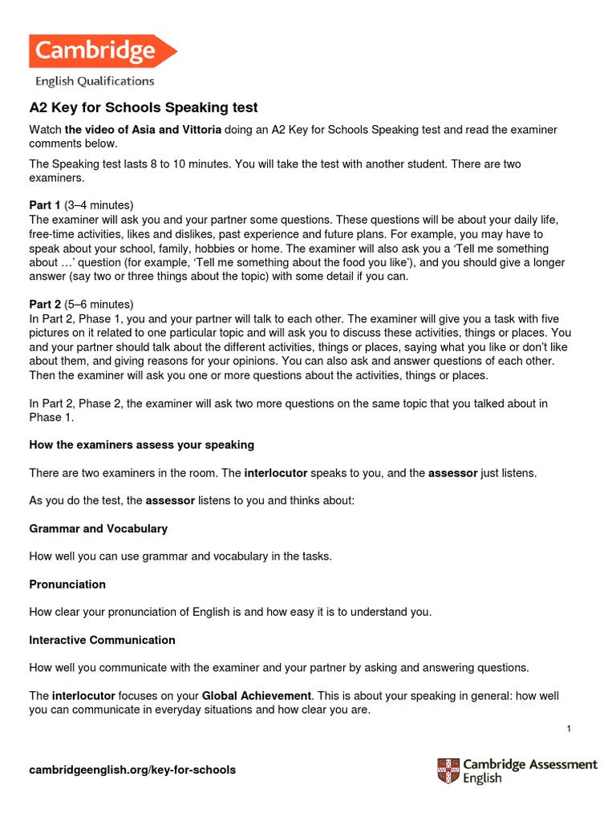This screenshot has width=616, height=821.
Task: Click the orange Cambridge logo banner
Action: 102,51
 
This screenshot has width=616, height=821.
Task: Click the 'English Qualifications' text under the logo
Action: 94,81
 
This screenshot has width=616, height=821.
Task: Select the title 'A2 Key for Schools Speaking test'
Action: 144,108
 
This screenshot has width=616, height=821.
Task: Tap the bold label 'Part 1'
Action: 45,205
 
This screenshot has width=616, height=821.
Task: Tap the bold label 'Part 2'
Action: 45,304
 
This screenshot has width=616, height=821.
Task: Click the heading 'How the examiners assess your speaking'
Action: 141,444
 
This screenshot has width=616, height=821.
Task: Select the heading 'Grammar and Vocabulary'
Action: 98,529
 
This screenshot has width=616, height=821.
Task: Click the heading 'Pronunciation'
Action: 67,584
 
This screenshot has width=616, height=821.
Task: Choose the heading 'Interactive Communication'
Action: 102,640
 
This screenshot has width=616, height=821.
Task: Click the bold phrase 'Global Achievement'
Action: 256,695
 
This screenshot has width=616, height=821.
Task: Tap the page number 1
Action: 568,728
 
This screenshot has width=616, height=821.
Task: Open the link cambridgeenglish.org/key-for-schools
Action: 132,770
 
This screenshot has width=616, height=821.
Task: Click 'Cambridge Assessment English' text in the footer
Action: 529,770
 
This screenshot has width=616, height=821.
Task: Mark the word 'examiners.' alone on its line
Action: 56,178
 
